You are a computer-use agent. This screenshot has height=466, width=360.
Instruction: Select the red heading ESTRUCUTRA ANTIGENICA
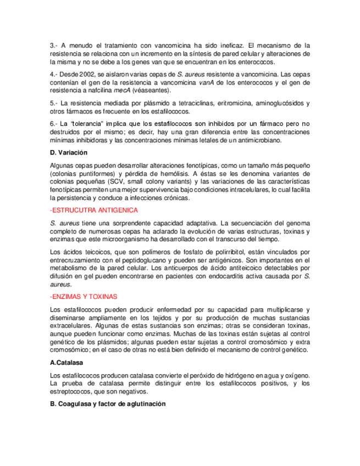tap(94, 210)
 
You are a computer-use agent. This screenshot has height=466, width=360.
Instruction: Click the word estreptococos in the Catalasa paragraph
tap(71, 391)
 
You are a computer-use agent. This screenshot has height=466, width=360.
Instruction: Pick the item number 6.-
tap(54, 123)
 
